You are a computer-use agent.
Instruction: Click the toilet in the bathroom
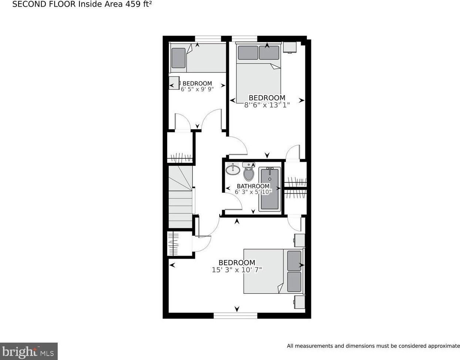click(248, 172)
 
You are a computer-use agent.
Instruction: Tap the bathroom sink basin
click(233, 170)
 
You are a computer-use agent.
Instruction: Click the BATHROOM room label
click(253, 186)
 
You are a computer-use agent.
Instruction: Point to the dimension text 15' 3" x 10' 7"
click(237, 270)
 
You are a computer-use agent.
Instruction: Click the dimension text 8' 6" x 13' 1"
click(267, 105)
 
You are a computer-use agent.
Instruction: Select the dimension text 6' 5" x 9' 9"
click(197, 89)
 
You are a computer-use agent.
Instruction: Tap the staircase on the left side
click(180, 197)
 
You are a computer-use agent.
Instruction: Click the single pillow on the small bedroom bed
click(179, 58)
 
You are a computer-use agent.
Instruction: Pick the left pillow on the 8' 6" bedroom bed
click(248, 53)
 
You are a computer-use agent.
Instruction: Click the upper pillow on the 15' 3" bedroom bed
click(294, 260)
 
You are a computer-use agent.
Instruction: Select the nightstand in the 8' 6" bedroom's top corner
click(290, 47)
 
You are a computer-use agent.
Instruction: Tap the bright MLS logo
click(28, 350)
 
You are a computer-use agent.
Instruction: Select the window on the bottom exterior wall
click(236, 316)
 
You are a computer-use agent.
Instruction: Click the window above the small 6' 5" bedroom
click(208, 38)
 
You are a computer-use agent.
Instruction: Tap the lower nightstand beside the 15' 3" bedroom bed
click(300, 302)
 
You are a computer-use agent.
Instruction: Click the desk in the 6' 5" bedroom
click(174, 83)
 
